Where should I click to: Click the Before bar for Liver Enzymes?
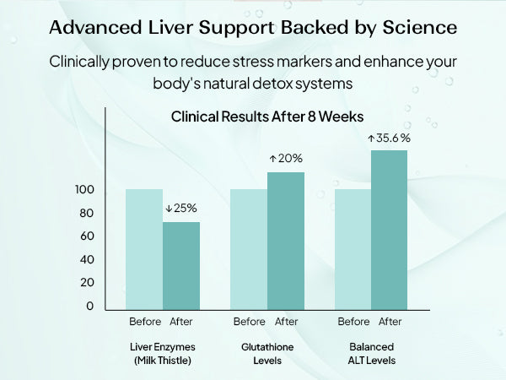click(144, 249)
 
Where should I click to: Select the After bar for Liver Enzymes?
click(181, 266)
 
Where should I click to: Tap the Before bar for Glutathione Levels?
click(249, 249)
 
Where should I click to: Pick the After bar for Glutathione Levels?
click(286, 241)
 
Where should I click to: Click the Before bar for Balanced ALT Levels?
click(353, 249)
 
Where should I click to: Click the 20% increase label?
click(286, 158)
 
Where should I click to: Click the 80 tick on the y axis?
click(87, 214)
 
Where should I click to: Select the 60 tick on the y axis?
click(87, 236)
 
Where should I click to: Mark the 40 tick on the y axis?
click(87, 259)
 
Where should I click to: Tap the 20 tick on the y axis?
click(87, 282)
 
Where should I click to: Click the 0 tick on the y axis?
click(90, 306)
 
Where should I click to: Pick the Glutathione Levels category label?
click(267, 354)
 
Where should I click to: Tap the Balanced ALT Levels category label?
click(371, 354)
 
